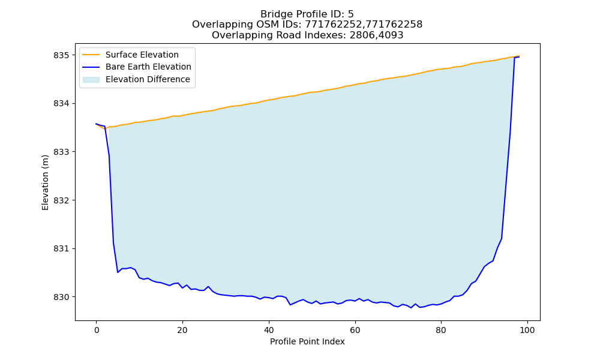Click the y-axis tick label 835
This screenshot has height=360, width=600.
click(62, 55)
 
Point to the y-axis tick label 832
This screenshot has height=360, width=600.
click(62, 200)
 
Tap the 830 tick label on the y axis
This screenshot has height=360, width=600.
click(62, 297)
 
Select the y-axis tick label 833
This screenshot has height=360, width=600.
click(62, 152)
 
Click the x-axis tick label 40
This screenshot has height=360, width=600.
click(269, 330)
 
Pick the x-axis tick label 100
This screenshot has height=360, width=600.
click(527, 330)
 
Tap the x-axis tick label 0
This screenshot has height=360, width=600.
click(96, 330)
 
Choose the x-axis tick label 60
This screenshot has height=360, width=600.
click(355, 330)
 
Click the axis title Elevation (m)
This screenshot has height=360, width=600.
click(45, 182)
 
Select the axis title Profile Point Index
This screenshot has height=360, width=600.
click(307, 341)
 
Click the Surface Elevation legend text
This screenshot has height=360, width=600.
click(142, 55)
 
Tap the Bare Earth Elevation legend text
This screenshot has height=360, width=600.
click(148, 67)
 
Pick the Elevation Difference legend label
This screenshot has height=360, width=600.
click(148, 79)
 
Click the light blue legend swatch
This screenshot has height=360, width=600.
click(91, 79)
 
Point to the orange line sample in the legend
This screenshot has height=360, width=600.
click(91, 55)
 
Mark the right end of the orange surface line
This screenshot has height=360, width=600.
click(519, 56)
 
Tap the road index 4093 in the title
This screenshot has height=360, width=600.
click(391, 35)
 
